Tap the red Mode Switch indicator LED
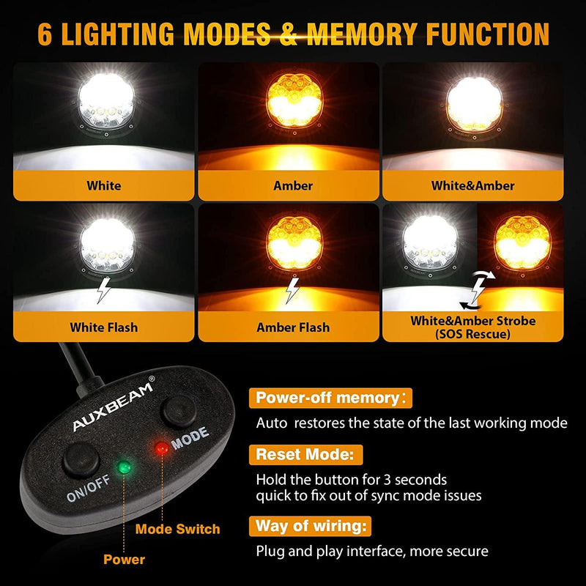[x=160, y=448]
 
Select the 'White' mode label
[x=104, y=186]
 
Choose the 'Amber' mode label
[x=292, y=186]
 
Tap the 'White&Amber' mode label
[x=472, y=186]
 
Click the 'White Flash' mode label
[x=104, y=327]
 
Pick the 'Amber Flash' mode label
[x=292, y=327]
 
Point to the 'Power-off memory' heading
[x=327, y=398]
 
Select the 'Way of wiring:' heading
[x=311, y=526]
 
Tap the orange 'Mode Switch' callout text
[x=178, y=528]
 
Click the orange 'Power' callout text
[x=124, y=560]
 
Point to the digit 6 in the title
[x=45, y=34]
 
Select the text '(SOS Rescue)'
[x=472, y=334]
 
